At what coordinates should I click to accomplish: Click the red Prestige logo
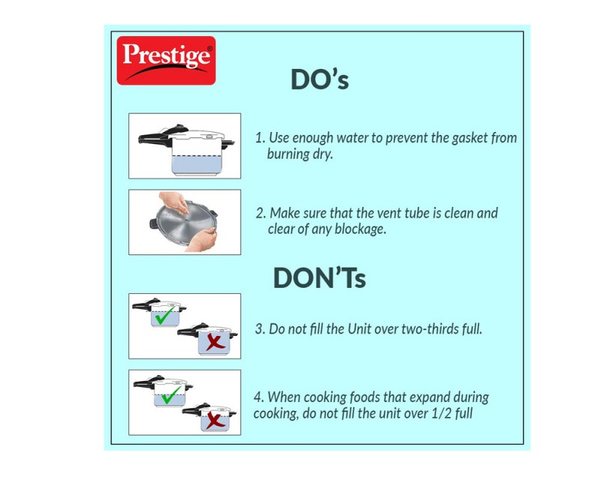point(166,61)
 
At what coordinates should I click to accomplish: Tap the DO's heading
point(320,79)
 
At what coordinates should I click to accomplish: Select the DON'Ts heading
point(319,277)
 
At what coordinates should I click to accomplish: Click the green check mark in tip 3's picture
point(165,315)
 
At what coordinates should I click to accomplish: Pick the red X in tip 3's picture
point(215,342)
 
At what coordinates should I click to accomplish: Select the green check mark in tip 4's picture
point(171,394)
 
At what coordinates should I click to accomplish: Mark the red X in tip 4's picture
point(216,421)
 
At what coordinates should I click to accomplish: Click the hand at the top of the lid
point(175,202)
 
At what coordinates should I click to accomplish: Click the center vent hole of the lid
point(186,220)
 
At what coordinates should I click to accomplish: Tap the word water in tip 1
point(352,138)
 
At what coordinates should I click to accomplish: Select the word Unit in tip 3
point(359,328)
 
